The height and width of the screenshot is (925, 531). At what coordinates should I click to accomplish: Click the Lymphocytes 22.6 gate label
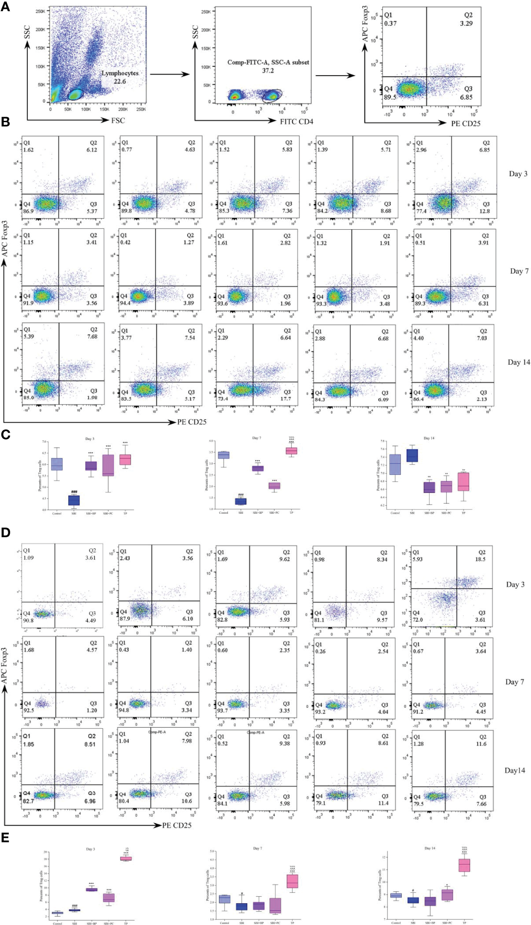point(120,77)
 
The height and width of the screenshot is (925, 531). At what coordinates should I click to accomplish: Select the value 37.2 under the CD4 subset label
point(268,71)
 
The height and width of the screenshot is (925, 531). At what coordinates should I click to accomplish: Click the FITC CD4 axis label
point(297,121)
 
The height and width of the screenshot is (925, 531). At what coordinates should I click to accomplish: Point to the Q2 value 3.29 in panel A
point(466,24)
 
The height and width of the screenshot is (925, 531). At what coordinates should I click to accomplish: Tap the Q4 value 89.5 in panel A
point(390,97)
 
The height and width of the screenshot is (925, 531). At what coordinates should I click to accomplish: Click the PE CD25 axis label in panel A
point(465,124)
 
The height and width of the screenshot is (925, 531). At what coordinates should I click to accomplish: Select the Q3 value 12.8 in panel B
point(484,211)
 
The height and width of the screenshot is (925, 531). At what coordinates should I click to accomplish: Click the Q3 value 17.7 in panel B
point(286,399)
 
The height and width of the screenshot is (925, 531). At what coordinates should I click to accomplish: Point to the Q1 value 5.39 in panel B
point(29,337)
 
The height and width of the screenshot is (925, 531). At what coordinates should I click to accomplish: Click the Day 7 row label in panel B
point(519,271)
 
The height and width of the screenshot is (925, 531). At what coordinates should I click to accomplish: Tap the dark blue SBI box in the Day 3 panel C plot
point(74,500)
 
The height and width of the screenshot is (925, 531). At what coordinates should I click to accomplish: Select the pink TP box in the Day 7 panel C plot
point(291,451)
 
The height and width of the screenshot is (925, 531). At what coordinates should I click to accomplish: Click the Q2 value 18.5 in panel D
point(480,559)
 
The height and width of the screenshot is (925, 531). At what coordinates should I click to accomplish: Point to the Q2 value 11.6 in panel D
point(481,744)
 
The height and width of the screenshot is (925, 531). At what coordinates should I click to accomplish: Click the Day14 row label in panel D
point(514,771)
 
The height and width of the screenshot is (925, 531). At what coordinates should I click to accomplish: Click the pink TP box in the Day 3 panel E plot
point(126,859)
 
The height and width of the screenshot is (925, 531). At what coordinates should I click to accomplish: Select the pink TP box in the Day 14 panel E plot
point(464,865)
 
